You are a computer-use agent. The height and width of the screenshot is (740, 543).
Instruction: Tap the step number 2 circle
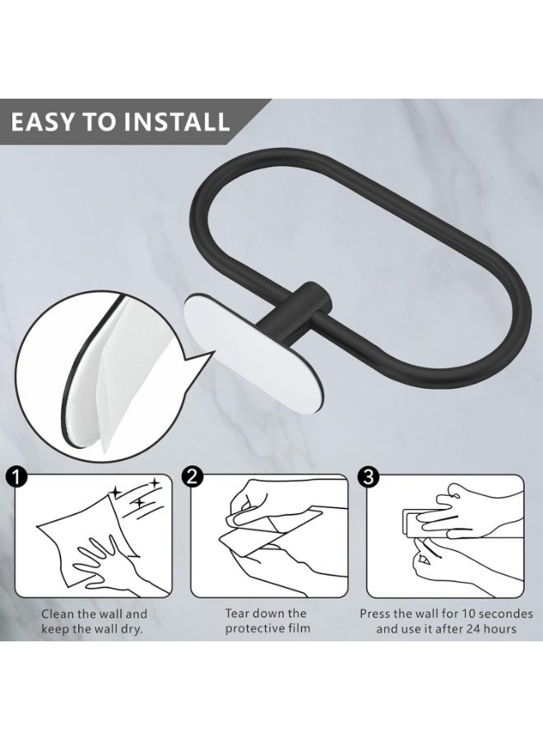(x=193, y=476)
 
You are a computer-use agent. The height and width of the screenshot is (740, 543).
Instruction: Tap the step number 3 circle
(x=368, y=476)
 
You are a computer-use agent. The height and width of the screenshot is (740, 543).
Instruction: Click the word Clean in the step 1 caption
(x=59, y=614)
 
